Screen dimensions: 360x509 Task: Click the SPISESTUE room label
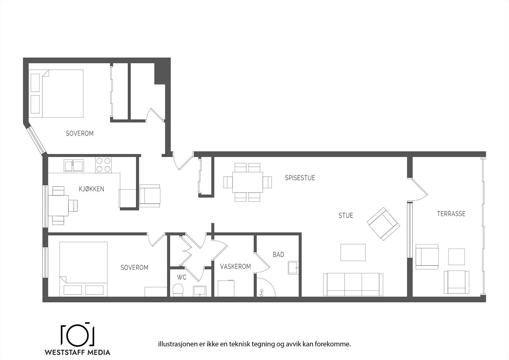pos(300,178)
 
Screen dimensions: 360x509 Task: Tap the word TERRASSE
pos(451,214)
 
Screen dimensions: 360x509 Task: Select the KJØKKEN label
pos(91,189)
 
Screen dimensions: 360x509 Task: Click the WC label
pos(182,278)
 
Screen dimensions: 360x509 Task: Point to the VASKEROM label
pos(235,267)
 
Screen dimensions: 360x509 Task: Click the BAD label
pos(278,255)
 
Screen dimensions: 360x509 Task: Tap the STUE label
pos(345,216)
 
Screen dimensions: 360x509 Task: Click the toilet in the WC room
pos(178,290)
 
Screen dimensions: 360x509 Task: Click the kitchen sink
pos(73,166)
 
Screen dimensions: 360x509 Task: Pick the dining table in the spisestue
pos(248,182)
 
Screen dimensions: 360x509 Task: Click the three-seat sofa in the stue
pos(353,284)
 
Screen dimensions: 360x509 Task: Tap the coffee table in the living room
pos(353,252)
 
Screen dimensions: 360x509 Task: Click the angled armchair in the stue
pos(383,224)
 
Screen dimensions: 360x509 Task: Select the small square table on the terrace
pos(456,257)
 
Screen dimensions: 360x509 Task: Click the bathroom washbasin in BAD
pos(293,268)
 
